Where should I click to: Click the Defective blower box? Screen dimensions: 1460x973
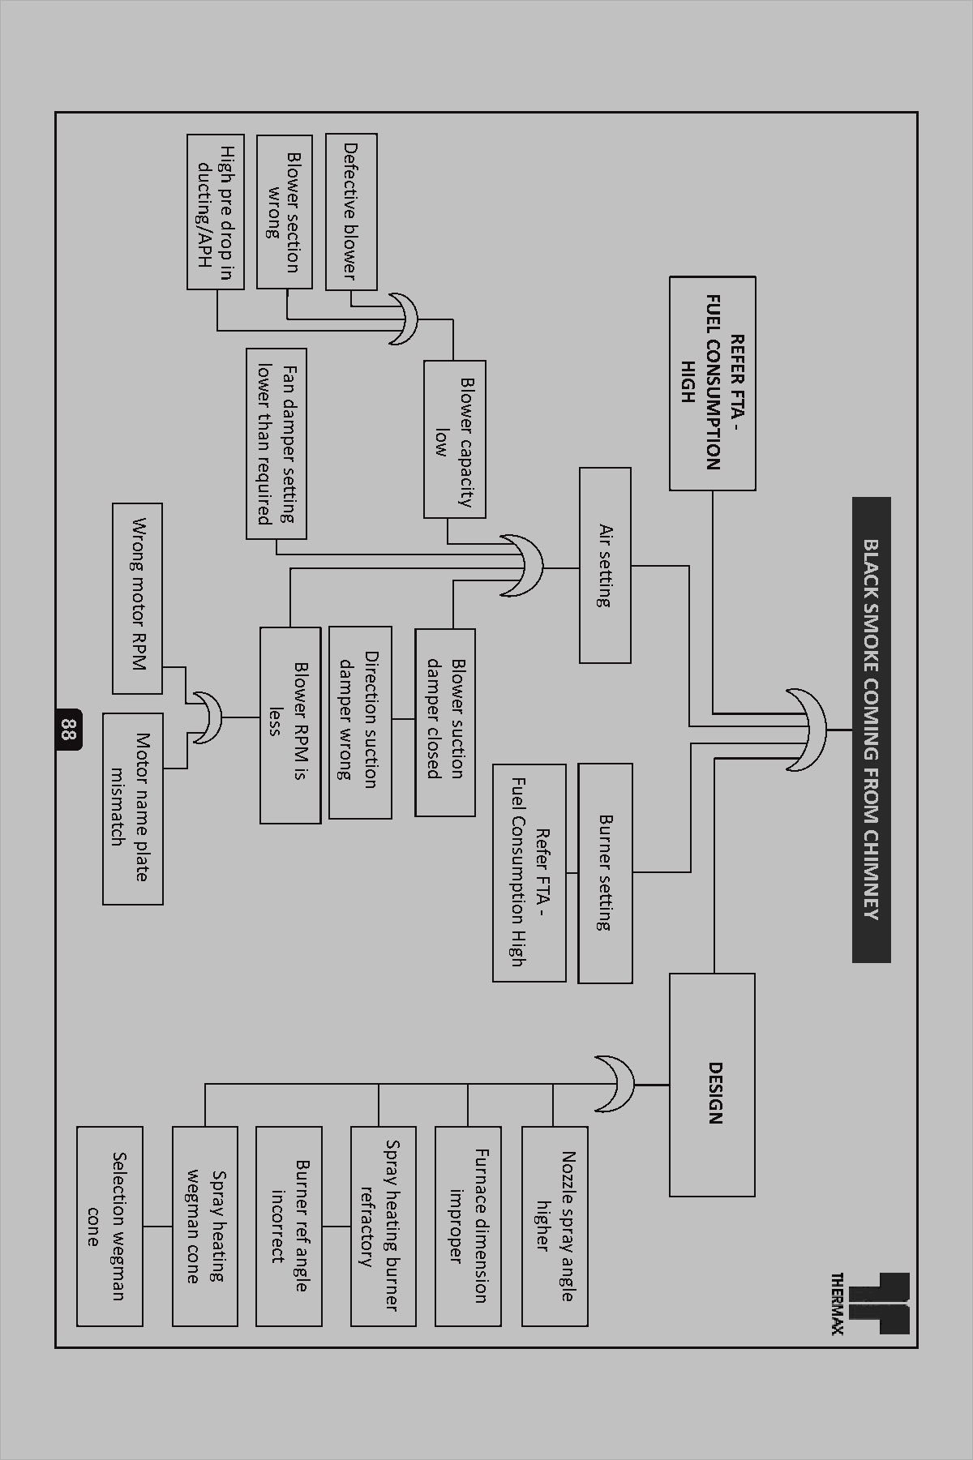[x=351, y=212]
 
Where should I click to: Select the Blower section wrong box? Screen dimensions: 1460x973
[x=284, y=212]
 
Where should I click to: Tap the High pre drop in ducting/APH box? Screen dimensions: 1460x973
[x=215, y=212]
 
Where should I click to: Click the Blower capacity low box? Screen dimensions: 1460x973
[x=454, y=439]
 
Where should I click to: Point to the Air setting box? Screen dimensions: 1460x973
[x=605, y=565]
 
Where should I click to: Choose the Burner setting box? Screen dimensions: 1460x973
[x=605, y=873]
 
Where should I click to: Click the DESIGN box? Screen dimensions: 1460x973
[x=712, y=1085]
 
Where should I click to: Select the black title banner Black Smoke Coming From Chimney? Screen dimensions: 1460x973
[x=871, y=730]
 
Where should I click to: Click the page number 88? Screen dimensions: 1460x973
[x=68, y=730]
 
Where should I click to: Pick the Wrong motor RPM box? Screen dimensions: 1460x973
[x=137, y=598]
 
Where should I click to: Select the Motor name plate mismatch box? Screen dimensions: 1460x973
[x=132, y=808]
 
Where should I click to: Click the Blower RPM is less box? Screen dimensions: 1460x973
[x=289, y=725]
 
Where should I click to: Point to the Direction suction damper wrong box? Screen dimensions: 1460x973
[x=360, y=721]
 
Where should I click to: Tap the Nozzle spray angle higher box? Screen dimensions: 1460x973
[x=555, y=1225]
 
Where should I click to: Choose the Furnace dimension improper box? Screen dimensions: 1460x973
[x=468, y=1225]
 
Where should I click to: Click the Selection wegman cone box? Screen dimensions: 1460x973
[x=109, y=1225]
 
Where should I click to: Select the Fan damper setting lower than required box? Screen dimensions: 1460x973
[x=276, y=443]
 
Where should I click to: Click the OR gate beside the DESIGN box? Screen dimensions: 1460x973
[x=616, y=1084]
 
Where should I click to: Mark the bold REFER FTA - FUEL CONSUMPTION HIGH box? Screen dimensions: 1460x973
[x=712, y=383]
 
